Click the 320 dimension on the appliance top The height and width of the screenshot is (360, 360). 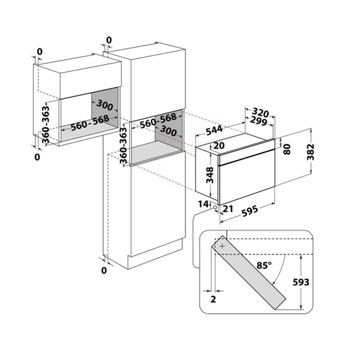tap(260, 112)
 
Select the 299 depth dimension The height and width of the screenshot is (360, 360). tap(259, 121)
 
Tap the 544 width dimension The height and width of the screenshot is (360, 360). tap(214, 130)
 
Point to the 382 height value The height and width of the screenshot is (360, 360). tap(310, 152)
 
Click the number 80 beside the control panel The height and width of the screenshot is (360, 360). tap(287, 149)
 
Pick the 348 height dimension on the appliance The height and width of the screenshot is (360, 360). tap(209, 175)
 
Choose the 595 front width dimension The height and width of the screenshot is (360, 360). tap(250, 211)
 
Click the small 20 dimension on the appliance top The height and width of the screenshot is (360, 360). tap(219, 145)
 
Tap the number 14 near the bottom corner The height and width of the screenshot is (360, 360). tap(203, 204)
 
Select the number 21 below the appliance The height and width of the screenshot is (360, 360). tap(228, 209)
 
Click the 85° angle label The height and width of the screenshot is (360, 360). tap(264, 265)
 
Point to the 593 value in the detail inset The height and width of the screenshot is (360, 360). tap(301, 282)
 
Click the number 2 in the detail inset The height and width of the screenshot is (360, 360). tap(213, 299)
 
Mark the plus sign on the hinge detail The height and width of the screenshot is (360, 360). tap(222, 247)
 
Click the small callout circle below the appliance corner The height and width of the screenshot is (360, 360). tap(215, 207)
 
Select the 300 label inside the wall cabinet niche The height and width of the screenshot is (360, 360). tap(104, 105)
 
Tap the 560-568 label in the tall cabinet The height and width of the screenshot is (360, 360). tap(158, 121)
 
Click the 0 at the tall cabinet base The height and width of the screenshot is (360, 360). tap(104, 271)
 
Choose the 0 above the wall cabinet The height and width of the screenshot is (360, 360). tap(40, 52)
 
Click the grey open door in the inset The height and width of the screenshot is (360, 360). tap(248, 272)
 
